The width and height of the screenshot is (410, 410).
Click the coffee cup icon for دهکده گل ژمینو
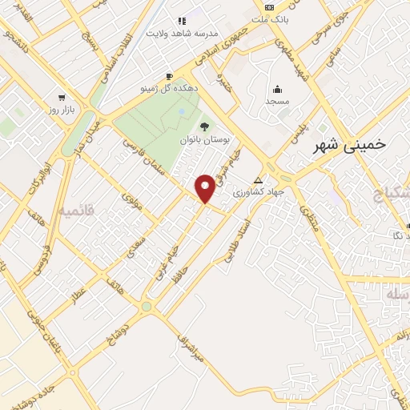click(x=169, y=78)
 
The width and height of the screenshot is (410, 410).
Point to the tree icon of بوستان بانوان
click(x=204, y=126)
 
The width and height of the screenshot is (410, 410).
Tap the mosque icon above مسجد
click(x=278, y=89)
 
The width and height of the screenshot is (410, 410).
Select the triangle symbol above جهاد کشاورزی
click(x=257, y=180)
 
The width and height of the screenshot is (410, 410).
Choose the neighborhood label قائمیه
click(x=76, y=211)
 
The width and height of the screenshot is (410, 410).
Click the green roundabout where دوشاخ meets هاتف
click(x=146, y=307)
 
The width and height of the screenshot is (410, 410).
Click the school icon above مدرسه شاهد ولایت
click(x=182, y=21)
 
